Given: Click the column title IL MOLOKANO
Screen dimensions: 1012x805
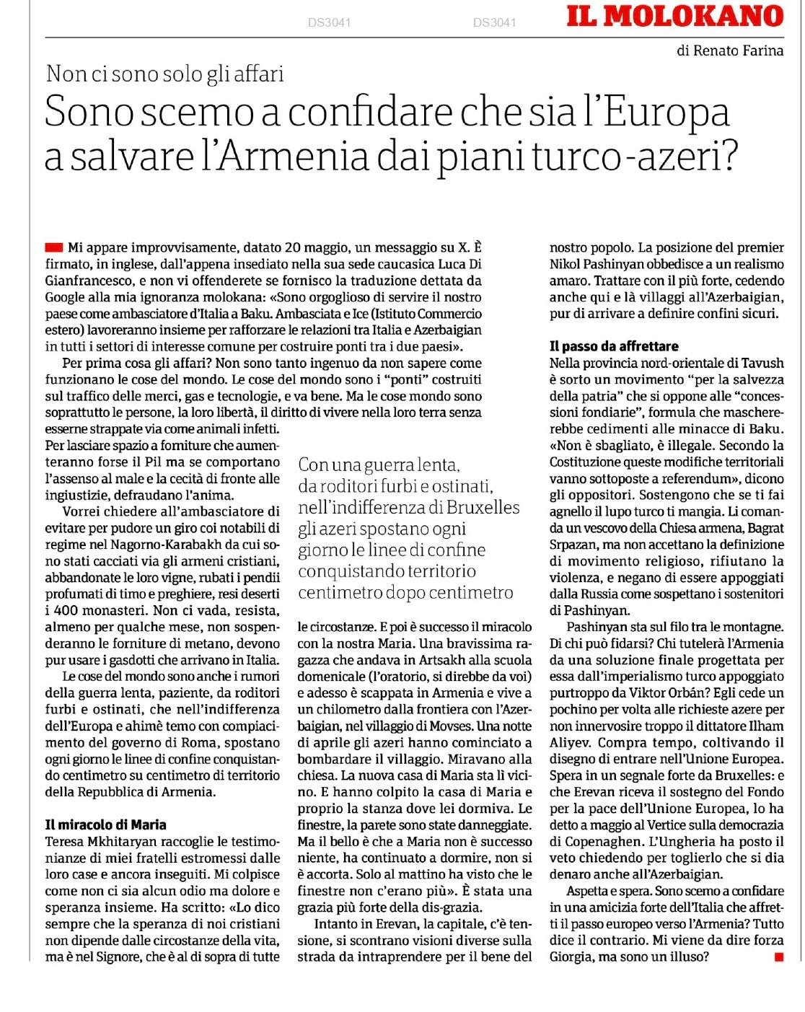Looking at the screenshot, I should (x=674, y=15).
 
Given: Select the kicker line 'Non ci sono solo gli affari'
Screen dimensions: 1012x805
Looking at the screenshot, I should (x=164, y=74).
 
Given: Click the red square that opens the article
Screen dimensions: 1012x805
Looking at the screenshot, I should (x=53, y=247).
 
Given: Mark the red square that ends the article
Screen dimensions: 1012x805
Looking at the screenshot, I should (x=778, y=957).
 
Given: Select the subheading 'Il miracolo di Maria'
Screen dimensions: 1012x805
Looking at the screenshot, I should (x=105, y=824).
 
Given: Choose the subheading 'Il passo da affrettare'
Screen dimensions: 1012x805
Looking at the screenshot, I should (x=614, y=346).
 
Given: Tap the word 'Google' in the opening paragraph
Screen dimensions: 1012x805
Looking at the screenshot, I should (x=66, y=296).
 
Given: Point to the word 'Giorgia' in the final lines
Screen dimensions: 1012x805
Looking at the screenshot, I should (x=574, y=957).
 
